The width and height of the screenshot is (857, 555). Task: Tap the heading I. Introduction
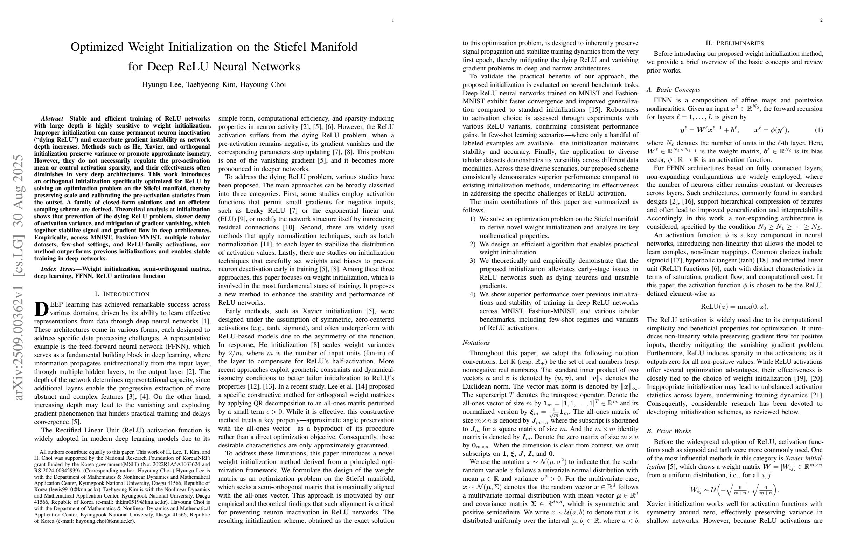[122, 294]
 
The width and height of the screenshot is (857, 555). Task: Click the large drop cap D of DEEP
[41, 309]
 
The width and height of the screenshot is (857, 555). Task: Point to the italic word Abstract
[51, 118]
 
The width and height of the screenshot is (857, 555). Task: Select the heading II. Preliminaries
[734, 43]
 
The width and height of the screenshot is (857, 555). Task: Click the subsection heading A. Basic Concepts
[673, 90]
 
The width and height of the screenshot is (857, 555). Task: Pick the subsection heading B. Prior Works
[669, 431]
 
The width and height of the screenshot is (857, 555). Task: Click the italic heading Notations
[476, 343]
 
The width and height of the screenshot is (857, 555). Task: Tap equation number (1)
[818, 130]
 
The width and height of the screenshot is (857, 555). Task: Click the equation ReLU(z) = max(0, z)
[734, 307]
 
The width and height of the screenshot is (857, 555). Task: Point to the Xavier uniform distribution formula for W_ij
[734, 490]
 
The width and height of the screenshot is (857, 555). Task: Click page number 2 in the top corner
[821, 20]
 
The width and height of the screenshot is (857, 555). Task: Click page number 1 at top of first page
[393, 20]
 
